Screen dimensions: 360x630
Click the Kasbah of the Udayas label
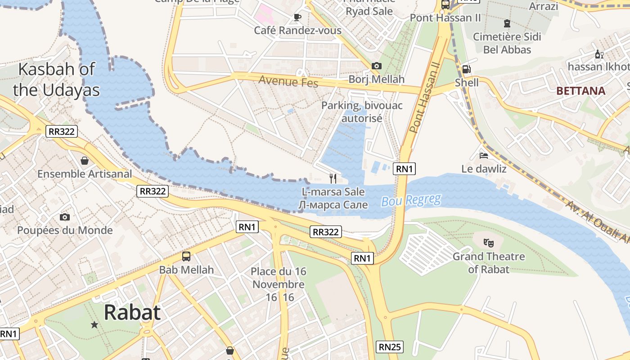point(56,80)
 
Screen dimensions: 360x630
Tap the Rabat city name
point(132,312)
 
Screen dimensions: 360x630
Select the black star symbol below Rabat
point(94,324)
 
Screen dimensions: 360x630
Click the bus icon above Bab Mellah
point(186,256)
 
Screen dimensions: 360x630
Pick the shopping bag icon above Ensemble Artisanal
point(84,160)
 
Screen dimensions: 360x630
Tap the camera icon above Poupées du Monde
point(65,217)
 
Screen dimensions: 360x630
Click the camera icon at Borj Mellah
point(377,66)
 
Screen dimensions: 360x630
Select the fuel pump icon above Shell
point(467,69)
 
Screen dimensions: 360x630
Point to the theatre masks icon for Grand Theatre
point(488,243)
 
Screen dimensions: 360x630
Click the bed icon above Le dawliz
point(484,156)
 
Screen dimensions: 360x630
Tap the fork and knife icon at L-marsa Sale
point(333,178)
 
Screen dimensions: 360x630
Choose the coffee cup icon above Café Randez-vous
point(297,17)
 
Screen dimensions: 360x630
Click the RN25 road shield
point(389,347)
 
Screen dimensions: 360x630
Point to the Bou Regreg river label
point(411,200)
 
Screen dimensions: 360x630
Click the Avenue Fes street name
point(288,82)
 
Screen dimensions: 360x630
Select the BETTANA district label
point(580,91)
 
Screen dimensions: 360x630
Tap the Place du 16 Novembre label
point(279,284)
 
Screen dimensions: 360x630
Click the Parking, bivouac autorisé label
point(362,112)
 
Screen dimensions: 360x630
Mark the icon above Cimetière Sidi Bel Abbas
point(507,23)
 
